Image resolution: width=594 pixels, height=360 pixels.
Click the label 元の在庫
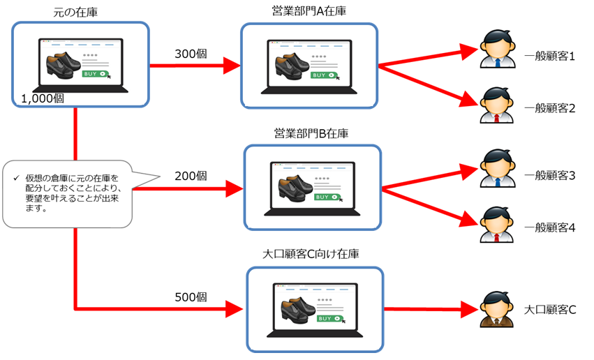click(x=75, y=12)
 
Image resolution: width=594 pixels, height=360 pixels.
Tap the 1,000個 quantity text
click(x=43, y=98)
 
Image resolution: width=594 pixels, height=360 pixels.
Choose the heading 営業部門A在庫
click(x=309, y=12)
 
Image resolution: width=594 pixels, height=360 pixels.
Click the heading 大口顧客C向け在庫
click(x=314, y=255)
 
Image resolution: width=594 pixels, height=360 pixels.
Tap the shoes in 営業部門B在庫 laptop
click(x=292, y=187)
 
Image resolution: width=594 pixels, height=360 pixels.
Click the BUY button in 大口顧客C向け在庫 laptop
click(x=329, y=318)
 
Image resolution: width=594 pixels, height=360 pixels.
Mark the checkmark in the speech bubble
click(x=15, y=179)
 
